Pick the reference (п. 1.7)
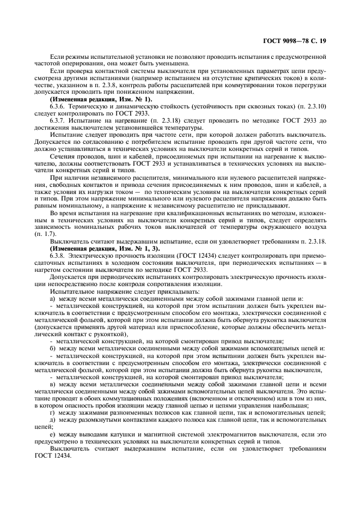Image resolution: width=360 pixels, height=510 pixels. click(43, 233)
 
